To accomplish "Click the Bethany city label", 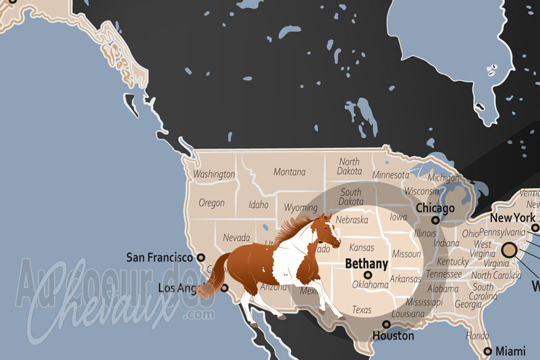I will (367, 263).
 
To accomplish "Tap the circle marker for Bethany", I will (368, 275).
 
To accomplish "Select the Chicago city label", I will (435, 208).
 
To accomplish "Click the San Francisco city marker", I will (200, 257).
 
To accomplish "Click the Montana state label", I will (289, 172).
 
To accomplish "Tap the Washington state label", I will (214, 174).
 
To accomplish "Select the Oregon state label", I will (211, 203).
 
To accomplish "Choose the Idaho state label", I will (259, 205).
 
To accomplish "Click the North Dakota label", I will (349, 167).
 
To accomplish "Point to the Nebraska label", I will (352, 220).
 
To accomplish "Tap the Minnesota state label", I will (391, 176).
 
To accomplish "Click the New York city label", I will (512, 218).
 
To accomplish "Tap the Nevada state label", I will (236, 238).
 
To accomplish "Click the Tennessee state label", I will (444, 274).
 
